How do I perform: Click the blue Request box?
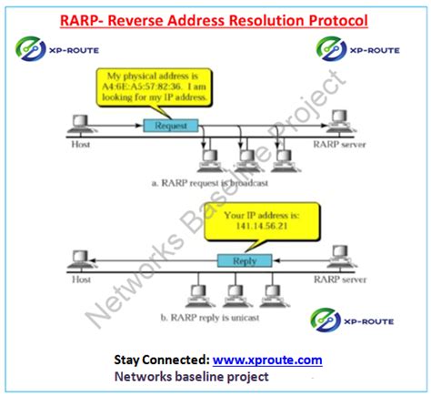coord(170,124)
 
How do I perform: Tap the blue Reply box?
coord(243,260)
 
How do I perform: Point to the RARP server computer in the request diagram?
coord(340,118)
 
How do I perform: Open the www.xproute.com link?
coord(268,360)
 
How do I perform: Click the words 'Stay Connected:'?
coord(162,360)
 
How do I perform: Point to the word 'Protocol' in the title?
coord(335,18)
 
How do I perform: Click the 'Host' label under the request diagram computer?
coord(79,143)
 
